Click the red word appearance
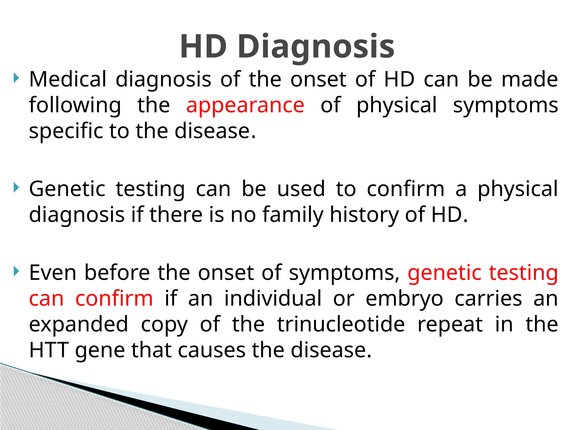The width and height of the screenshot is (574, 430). (245, 105)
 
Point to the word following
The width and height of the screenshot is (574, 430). (75, 106)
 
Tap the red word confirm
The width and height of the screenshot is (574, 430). (114, 298)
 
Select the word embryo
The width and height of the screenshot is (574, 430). (404, 299)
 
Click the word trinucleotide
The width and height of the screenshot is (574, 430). (341, 324)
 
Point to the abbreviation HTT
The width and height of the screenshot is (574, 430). (49, 350)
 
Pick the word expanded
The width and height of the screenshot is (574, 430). (78, 325)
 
